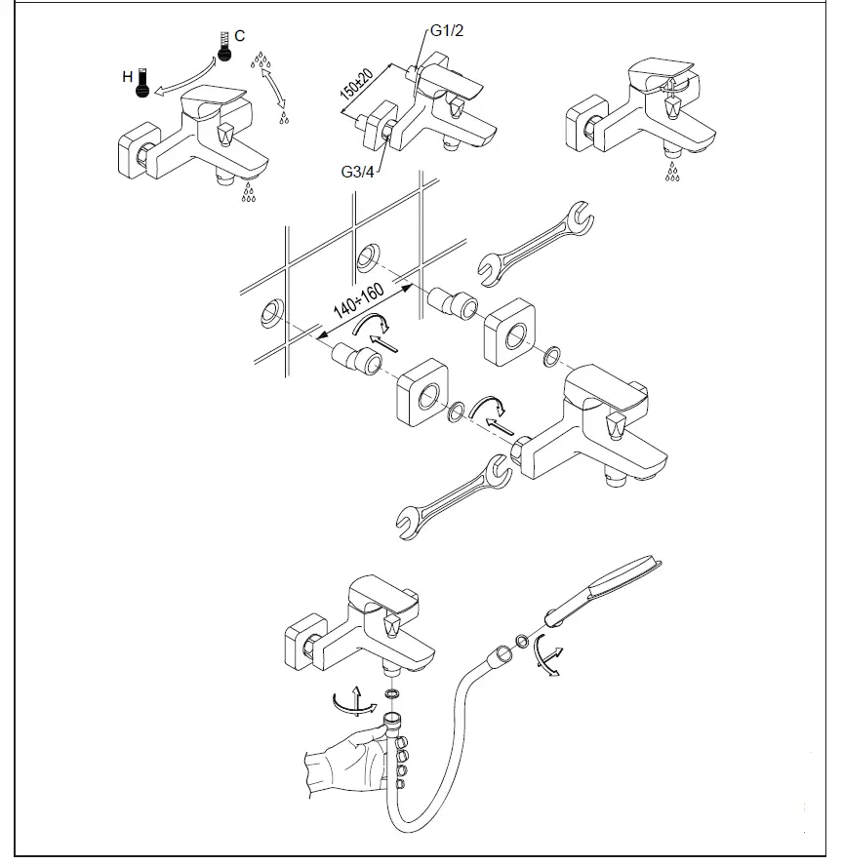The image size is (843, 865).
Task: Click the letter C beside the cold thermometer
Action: [240, 35]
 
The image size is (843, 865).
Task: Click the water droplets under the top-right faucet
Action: [672, 173]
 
